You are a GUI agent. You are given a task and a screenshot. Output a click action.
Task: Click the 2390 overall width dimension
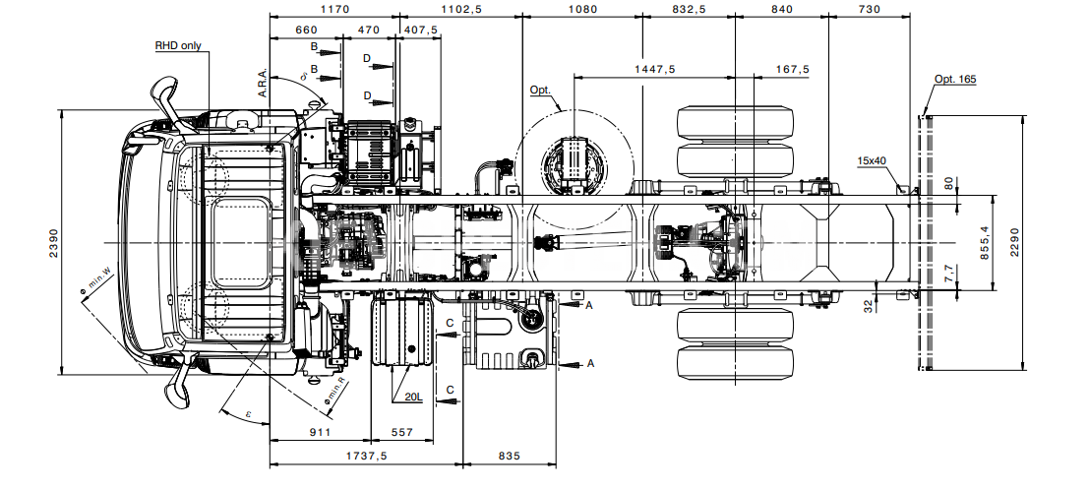[54, 242]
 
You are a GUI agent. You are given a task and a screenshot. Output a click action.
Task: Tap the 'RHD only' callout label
[178, 46]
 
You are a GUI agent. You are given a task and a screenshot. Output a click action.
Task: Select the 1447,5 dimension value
[655, 69]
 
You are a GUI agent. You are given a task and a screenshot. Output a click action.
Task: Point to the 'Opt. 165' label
[955, 80]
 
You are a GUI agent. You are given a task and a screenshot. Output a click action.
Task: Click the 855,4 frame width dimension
[984, 243]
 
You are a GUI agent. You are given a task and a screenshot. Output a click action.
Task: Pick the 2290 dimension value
[1014, 243]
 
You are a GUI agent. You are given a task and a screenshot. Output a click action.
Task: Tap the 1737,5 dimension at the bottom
[366, 456]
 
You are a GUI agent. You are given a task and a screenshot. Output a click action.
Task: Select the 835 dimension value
[509, 456]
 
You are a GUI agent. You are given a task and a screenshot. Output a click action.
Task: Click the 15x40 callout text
[872, 160]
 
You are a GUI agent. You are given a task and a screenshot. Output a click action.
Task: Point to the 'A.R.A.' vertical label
[263, 83]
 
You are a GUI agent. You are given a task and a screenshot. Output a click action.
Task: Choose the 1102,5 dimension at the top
[461, 9]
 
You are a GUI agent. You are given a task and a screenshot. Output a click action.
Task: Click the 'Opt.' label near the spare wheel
[540, 91]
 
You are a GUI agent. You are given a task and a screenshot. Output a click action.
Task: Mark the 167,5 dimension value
[793, 69]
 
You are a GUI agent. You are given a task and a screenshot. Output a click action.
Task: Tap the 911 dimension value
[320, 432]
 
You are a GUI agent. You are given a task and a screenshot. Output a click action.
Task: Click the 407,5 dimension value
[421, 30]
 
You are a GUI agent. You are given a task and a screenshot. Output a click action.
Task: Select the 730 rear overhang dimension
[869, 9]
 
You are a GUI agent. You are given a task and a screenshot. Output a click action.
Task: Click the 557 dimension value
[401, 432]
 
